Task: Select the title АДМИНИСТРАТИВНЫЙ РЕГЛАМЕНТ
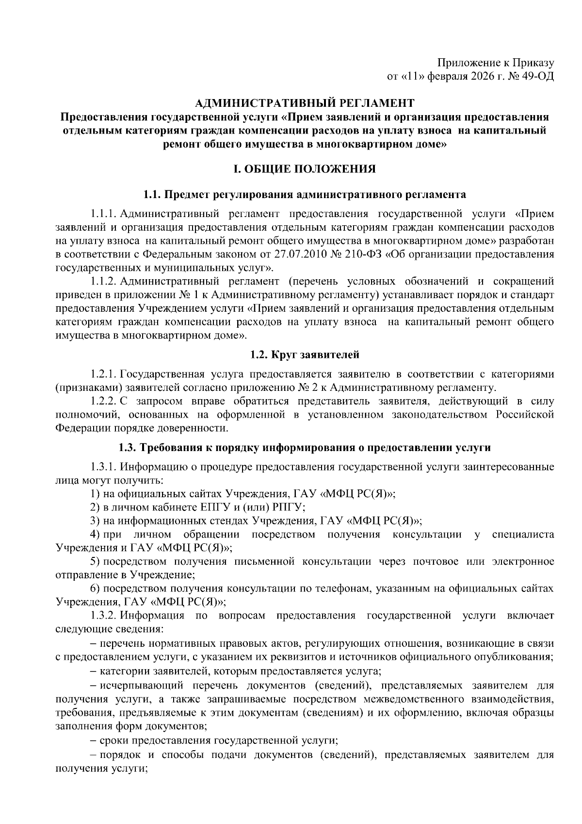305,103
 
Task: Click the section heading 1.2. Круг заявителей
305,355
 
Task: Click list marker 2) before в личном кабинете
95,507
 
